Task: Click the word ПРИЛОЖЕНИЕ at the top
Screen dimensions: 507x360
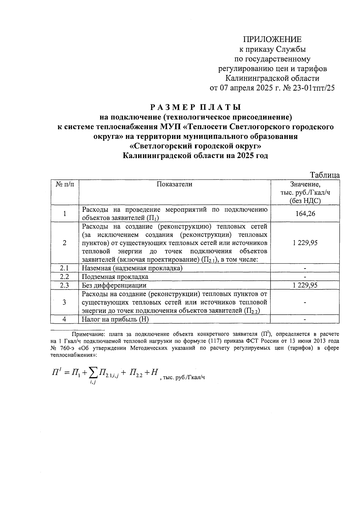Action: pos(272,39)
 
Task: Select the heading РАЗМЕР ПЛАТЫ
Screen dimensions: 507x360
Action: pos(196,107)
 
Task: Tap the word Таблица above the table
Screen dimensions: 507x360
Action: pos(325,175)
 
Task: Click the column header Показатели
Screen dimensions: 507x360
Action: pos(174,184)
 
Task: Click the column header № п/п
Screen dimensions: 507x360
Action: pos(64,184)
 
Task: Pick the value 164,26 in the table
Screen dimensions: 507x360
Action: pos(305,214)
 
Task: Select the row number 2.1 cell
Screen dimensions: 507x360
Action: pos(64,268)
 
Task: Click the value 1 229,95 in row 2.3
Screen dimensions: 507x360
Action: pos(305,285)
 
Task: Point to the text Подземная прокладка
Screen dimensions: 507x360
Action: pos(115,277)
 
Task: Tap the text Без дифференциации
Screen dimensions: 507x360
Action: pos(114,285)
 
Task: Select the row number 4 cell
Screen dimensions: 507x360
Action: pos(64,319)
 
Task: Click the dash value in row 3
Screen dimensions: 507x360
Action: pos(305,302)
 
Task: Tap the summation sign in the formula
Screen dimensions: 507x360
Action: pos(94,373)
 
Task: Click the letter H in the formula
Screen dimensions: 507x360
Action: pos(154,372)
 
